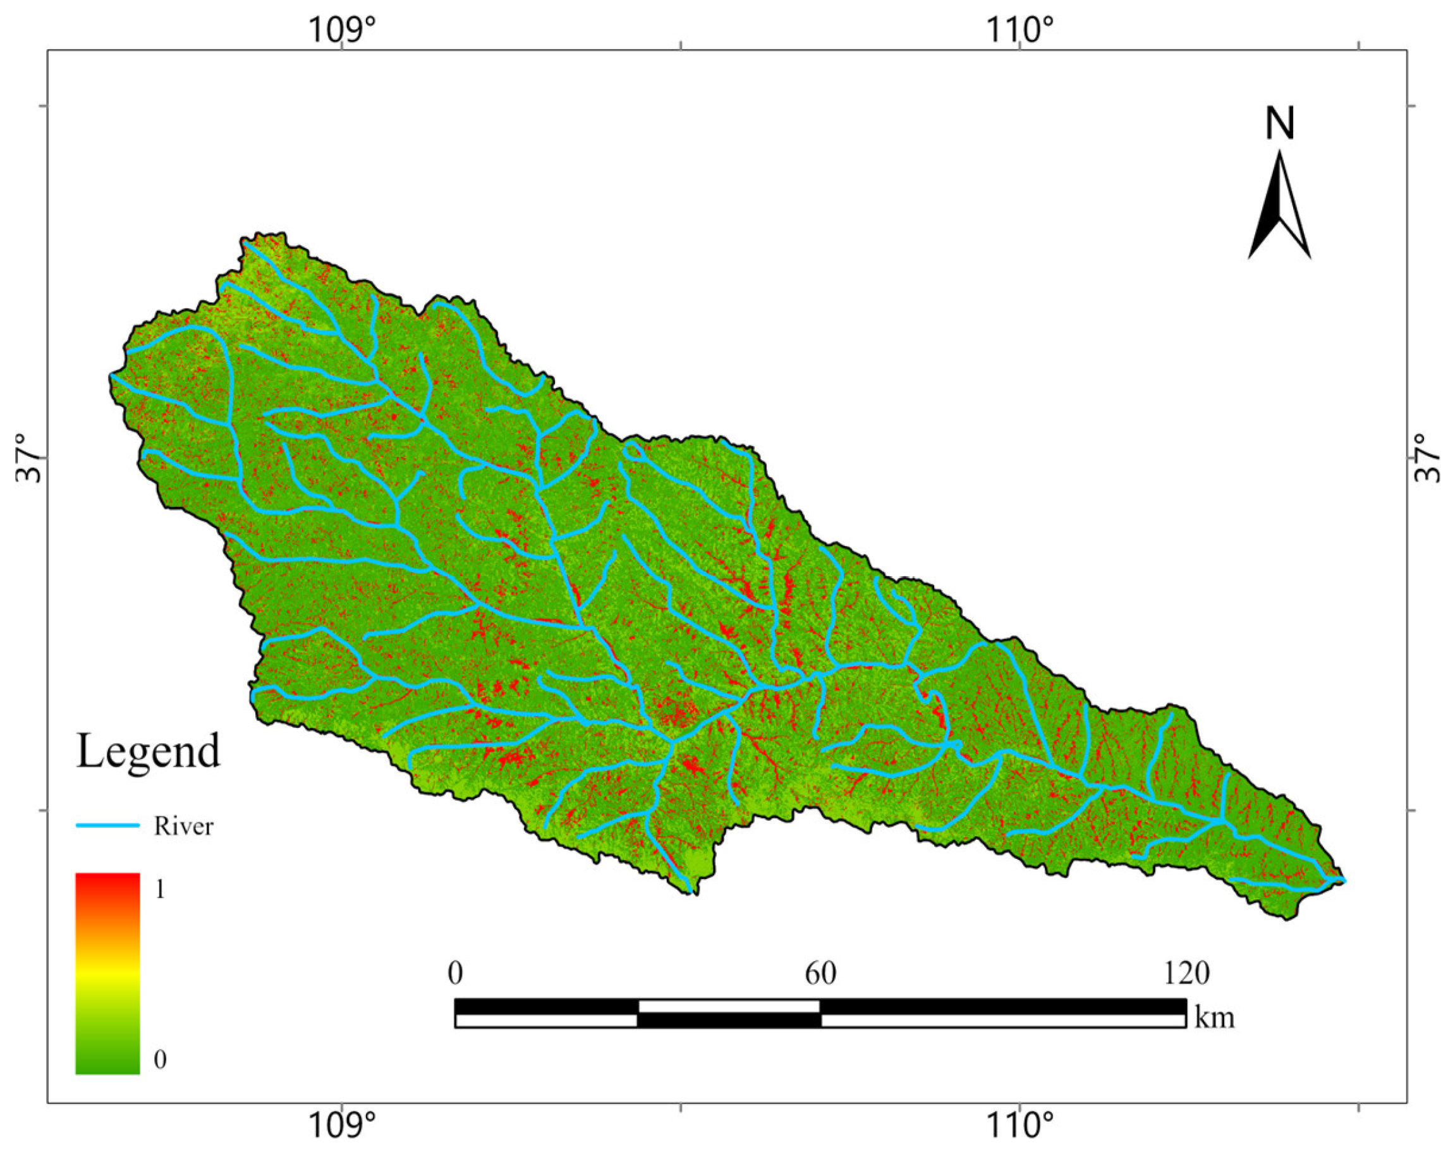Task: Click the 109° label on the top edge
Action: pos(342,30)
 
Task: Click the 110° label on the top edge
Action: pos(1019,30)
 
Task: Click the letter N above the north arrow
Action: pos(1279,124)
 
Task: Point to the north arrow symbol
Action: pos(1279,205)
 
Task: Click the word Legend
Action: pos(148,752)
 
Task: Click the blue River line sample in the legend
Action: pos(107,825)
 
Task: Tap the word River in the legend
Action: pos(183,827)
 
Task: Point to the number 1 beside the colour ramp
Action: pos(160,890)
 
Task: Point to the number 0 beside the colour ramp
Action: pos(160,1059)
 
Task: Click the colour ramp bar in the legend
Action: pos(107,973)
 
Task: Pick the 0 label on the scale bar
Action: pos(455,973)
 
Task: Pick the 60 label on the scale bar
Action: pos(820,973)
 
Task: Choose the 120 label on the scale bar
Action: pos(1186,973)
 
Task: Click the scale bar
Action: pos(820,1013)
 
